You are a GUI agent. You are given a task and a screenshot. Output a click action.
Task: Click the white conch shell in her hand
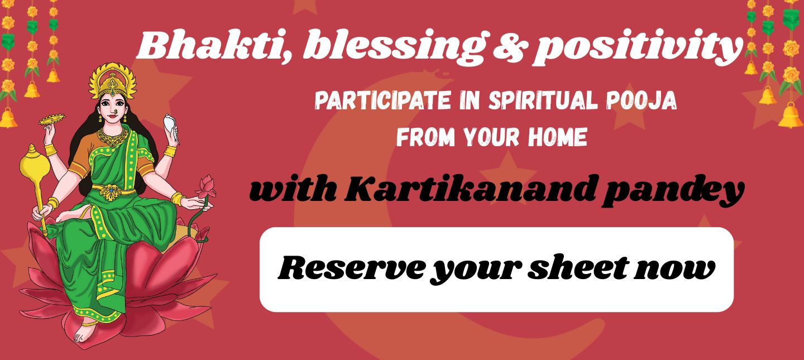[x=171, y=125]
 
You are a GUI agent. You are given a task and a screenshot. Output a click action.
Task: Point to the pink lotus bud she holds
[x=207, y=186]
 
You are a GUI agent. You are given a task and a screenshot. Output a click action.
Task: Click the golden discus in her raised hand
[x=51, y=119]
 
